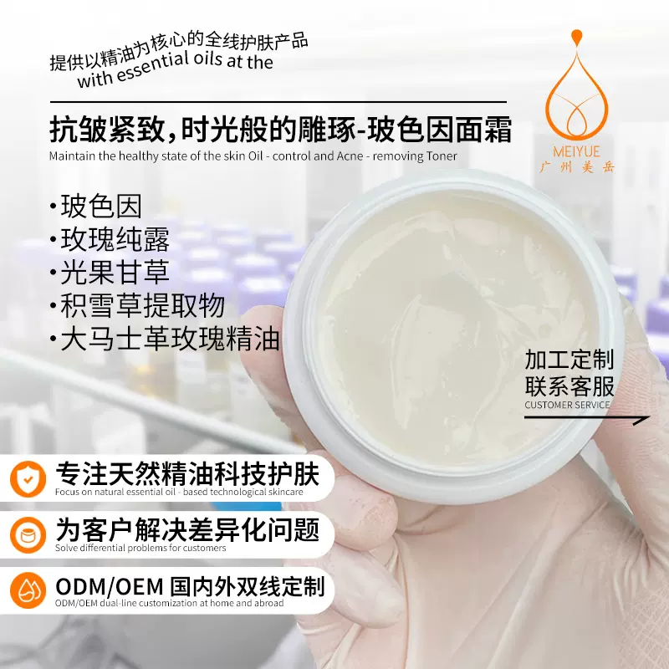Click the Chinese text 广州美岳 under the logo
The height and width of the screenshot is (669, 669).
tap(576, 166)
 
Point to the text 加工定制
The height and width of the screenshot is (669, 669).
tap(569, 360)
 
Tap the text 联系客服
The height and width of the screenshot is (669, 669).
tap(569, 386)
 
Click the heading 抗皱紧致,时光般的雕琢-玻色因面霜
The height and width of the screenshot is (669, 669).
tap(280, 131)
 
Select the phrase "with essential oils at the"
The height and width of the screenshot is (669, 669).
tap(175, 71)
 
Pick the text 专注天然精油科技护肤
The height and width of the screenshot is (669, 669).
tap(187, 475)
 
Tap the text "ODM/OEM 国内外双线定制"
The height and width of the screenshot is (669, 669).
tap(189, 585)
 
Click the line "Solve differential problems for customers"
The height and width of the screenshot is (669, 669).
tap(140, 549)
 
